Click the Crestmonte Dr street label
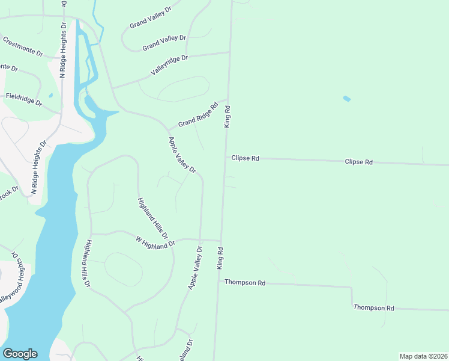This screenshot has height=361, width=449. click(x=23, y=47)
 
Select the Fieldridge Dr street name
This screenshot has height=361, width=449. click(x=24, y=99)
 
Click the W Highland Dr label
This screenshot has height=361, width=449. click(x=155, y=242)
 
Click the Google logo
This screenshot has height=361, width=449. click(x=20, y=354)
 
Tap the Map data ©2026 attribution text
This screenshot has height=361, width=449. click(x=423, y=356)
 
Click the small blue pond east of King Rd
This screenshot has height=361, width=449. click(x=346, y=98)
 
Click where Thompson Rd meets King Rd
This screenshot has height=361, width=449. click(x=218, y=282)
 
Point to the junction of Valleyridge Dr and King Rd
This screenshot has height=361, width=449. click(x=230, y=52)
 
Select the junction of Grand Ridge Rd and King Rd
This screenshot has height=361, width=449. click(x=228, y=99)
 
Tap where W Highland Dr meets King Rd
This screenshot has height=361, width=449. click(x=220, y=240)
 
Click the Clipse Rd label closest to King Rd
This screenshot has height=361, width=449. click(x=246, y=158)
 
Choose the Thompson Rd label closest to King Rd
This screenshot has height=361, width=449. click(x=245, y=282)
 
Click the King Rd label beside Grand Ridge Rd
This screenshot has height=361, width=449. click(x=228, y=116)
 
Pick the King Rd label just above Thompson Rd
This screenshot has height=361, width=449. click(x=220, y=258)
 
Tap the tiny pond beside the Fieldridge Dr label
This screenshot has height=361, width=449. click(x=50, y=95)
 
